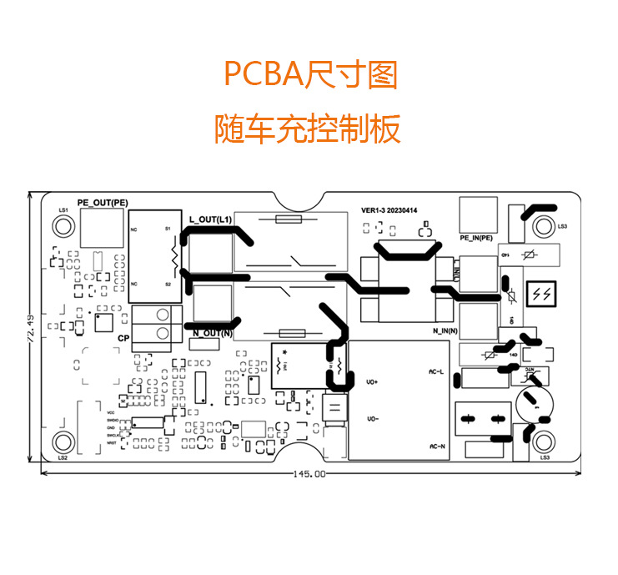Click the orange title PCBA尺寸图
(309, 76)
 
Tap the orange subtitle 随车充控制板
(308, 129)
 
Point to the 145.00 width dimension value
(309, 474)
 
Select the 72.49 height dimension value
(31, 328)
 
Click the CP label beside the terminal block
(123, 338)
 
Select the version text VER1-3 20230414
(389, 210)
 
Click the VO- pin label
(373, 418)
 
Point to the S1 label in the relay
(168, 228)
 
